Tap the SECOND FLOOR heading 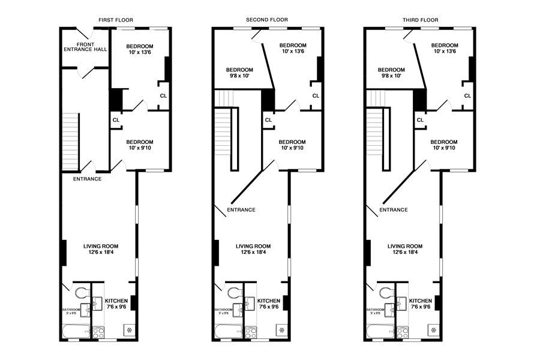(267, 20)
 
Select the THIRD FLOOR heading (420, 20)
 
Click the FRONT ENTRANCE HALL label (85, 46)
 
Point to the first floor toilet (81, 293)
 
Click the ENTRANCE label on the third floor (394, 210)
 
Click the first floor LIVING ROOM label (101, 248)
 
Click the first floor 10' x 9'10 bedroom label (140, 145)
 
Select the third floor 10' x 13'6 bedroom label (445, 49)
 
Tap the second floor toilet (233, 293)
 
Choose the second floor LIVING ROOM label (253, 248)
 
